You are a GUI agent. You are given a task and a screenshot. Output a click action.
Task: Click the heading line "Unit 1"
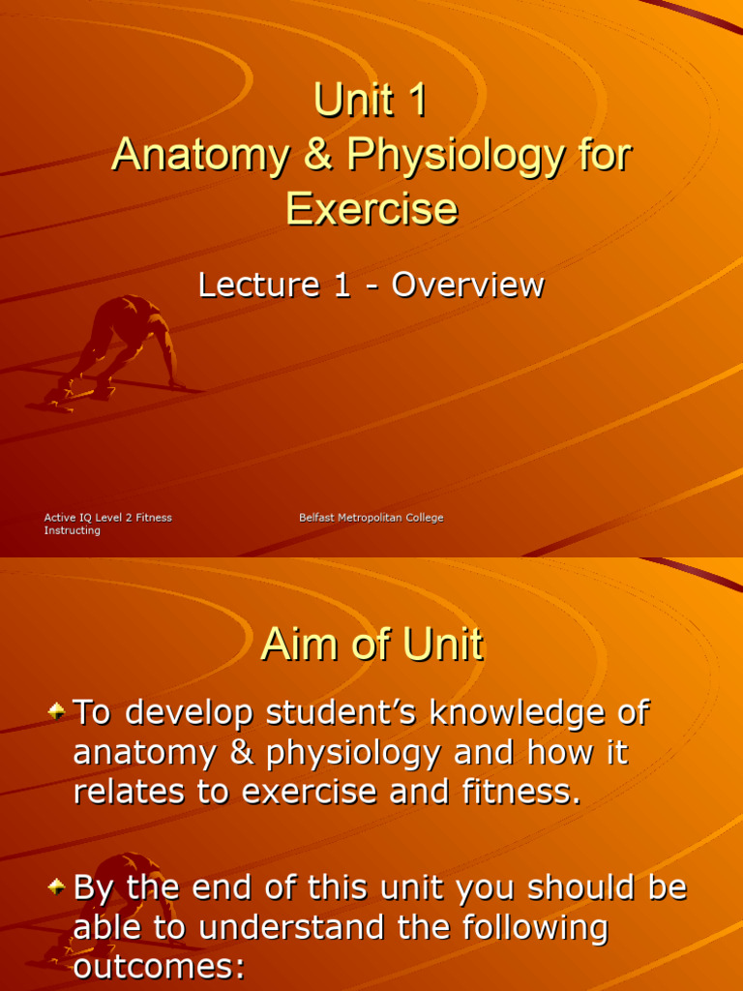[x=371, y=101]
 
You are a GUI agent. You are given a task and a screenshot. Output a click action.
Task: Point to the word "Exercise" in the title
[x=371, y=208]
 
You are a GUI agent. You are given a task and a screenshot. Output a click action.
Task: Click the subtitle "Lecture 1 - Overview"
[x=371, y=285]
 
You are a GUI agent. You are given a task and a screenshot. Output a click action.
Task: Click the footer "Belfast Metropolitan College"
[x=371, y=518]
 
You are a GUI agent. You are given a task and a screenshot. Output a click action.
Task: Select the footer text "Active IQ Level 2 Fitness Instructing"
[x=107, y=524]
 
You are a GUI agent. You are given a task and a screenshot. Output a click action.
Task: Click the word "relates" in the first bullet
[x=127, y=792]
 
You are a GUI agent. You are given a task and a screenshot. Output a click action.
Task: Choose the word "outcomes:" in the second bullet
[x=160, y=966]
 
